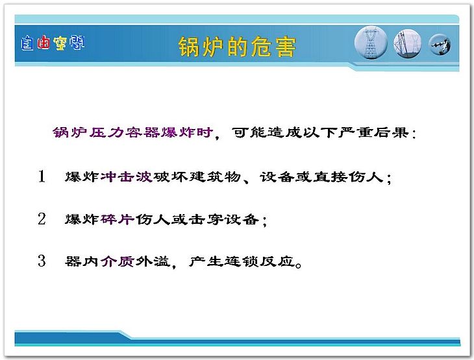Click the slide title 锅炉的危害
point(237,47)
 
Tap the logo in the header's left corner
point(53,43)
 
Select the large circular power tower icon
point(371,42)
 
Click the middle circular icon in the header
point(408,44)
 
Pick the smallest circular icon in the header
point(440,44)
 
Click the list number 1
point(42,176)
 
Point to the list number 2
point(42,219)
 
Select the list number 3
point(42,261)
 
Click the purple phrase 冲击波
point(127,176)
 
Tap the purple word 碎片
point(118,219)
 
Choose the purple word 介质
point(118,261)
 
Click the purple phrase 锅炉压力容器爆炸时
point(132,132)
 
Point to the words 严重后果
point(373,132)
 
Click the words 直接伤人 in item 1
point(347,176)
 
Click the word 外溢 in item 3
point(153,261)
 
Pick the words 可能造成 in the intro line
point(267,132)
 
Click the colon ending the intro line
point(414,133)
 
